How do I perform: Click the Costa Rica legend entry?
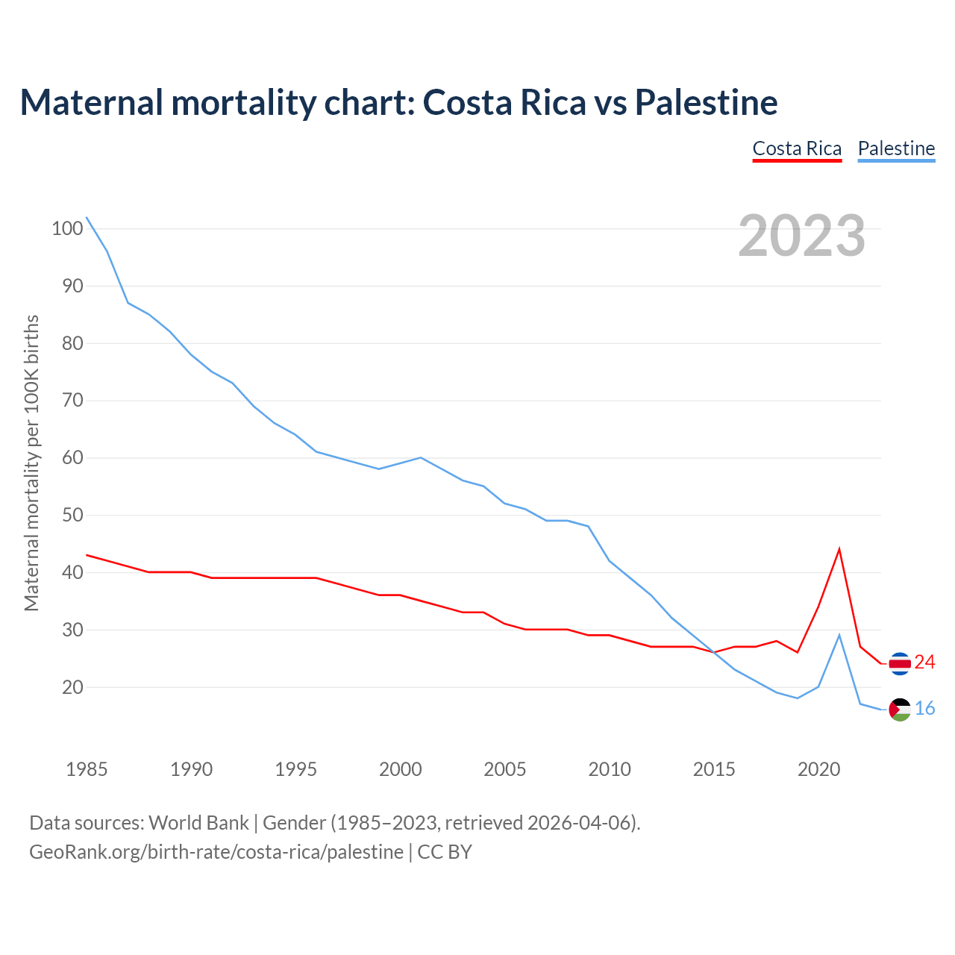pyautogui.click(x=797, y=148)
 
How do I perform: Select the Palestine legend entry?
pyautogui.click(x=896, y=148)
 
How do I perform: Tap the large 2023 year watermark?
pyautogui.click(x=802, y=235)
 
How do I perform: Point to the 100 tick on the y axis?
pyautogui.click(x=67, y=228)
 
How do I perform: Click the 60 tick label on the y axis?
pyautogui.click(x=67, y=458)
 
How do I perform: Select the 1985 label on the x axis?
pyautogui.click(x=87, y=769)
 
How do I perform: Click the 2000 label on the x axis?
pyautogui.click(x=401, y=769)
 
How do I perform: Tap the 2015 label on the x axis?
pyautogui.click(x=714, y=769)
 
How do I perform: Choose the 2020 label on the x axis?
pyautogui.click(x=818, y=769)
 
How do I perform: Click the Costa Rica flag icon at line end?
pyautogui.click(x=900, y=663)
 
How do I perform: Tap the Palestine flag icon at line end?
pyautogui.click(x=900, y=710)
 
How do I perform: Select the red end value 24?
pyautogui.click(x=924, y=663)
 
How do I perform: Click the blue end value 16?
pyautogui.click(x=924, y=709)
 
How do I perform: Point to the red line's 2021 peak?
pyautogui.click(x=839, y=549)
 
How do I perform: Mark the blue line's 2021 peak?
pyautogui.click(x=839, y=635)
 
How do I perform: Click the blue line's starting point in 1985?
pyautogui.click(x=87, y=217)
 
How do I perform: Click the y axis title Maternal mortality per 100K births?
pyautogui.click(x=31, y=463)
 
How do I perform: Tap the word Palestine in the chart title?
pyautogui.click(x=706, y=102)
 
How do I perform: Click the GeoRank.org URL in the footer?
pyautogui.click(x=216, y=851)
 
